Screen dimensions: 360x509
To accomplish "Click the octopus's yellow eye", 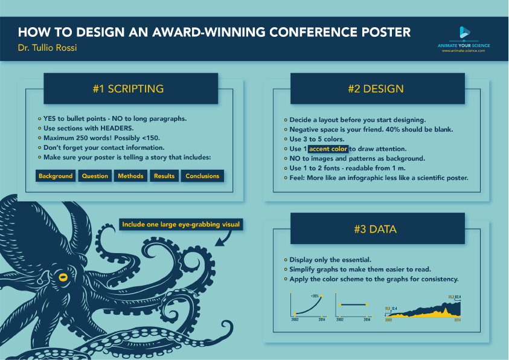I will coord(62,277).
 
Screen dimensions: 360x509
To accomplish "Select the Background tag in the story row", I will coord(56,176).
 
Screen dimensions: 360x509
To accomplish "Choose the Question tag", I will coord(95,176).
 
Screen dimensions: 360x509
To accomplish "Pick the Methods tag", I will coord(131,176).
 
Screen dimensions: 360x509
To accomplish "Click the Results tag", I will coord(164,176).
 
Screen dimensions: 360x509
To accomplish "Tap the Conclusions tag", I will coord(202,176).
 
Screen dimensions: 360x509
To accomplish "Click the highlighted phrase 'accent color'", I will coord(328,149).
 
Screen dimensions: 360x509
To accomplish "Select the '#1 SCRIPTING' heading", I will coord(128,89).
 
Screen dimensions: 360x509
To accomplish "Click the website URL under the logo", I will coord(464,51).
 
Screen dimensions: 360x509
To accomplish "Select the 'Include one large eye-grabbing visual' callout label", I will coord(181,225).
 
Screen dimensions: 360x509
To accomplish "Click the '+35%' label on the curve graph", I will coord(315,295).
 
